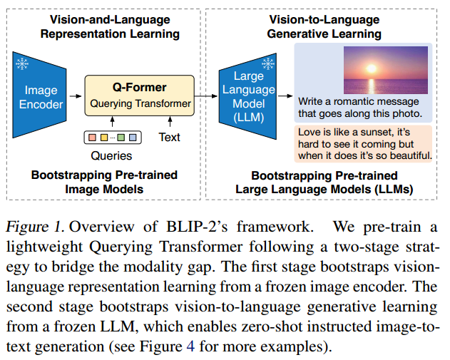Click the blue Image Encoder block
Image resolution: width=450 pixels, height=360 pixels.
40,95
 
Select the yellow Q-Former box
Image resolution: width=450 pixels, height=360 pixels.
140,96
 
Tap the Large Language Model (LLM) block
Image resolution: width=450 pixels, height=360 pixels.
248,96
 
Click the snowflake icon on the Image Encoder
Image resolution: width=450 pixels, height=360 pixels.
22,63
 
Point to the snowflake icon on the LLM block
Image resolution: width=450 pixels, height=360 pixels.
267,64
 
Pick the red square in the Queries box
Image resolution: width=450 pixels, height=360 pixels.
92,138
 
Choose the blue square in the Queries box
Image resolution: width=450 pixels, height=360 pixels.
133,138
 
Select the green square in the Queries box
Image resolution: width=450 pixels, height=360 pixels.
121,138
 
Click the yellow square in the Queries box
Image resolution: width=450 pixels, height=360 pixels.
104,138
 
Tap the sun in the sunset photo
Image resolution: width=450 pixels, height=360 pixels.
372,68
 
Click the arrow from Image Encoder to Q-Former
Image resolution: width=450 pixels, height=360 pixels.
76,96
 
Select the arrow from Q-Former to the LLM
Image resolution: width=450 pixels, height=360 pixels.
206,96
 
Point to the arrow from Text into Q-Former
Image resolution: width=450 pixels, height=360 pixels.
170,122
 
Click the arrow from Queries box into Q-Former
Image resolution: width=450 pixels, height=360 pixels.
112,122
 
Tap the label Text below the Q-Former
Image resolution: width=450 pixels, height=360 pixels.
169,138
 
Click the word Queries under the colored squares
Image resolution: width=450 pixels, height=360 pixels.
111,155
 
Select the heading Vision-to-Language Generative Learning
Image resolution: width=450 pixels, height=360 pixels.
324,26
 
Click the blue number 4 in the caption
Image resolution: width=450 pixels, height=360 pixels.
190,346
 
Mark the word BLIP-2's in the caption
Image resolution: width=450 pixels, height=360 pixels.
197,227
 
